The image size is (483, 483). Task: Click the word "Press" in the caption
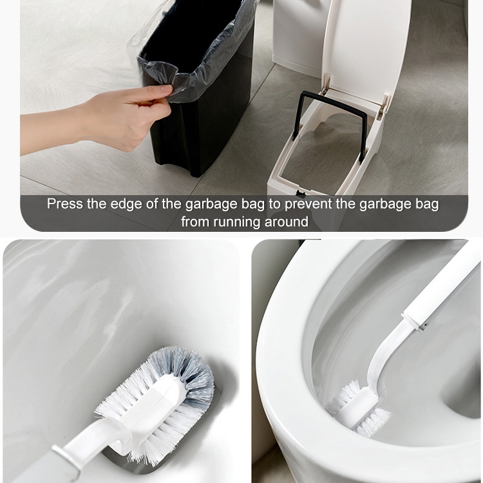click(x=64, y=204)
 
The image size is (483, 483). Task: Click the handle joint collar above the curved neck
click(x=413, y=320)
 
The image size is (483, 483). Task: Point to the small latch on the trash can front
click(x=299, y=193)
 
